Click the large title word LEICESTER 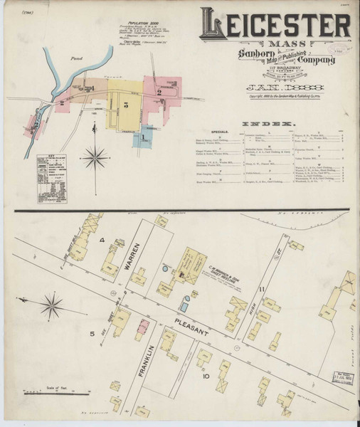click(x=275, y=26)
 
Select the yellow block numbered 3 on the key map click(x=125, y=105)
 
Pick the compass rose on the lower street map click(x=51, y=307)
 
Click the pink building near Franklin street click(x=143, y=330)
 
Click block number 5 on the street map click(x=92, y=332)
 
